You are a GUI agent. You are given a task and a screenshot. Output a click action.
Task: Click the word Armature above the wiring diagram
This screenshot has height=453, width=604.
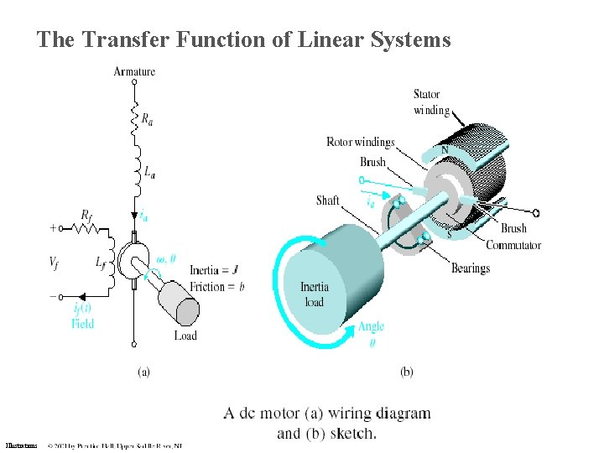tap(134, 71)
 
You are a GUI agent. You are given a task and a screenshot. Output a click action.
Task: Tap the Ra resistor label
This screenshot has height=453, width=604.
tap(147, 120)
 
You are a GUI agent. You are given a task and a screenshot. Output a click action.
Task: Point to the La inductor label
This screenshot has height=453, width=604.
tap(148, 173)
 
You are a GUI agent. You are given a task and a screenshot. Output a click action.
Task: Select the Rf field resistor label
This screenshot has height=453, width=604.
tap(86, 215)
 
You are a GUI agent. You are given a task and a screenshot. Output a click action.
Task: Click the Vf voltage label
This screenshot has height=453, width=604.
tap(55, 263)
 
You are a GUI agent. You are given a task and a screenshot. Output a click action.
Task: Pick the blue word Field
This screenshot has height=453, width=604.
tap(82, 323)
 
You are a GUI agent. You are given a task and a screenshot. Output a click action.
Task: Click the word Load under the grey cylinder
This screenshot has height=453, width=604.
tap(185, 336)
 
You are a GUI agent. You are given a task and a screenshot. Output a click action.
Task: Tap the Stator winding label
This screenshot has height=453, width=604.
tap(431, 102)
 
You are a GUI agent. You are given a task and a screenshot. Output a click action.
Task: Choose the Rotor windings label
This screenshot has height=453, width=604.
tap(360, 142)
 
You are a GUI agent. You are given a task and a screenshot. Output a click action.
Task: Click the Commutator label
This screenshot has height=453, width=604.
tap(513, 245)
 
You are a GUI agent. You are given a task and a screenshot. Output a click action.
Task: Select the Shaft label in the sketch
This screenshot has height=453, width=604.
tap(328, 200)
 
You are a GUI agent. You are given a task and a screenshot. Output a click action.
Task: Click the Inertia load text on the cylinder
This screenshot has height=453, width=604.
tap(315, 294)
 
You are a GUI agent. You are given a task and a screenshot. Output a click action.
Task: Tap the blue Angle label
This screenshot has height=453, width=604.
tap(371, 326)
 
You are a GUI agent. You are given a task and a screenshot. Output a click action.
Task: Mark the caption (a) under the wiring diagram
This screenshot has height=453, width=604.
tap(143, 372)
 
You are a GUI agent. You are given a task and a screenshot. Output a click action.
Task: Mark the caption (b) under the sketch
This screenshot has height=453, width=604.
tap(406, 372)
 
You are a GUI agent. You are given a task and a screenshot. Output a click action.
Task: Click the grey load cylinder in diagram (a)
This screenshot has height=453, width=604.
tap(180, 299)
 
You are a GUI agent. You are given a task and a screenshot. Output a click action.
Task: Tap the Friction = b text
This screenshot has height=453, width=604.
tap(217, 287)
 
